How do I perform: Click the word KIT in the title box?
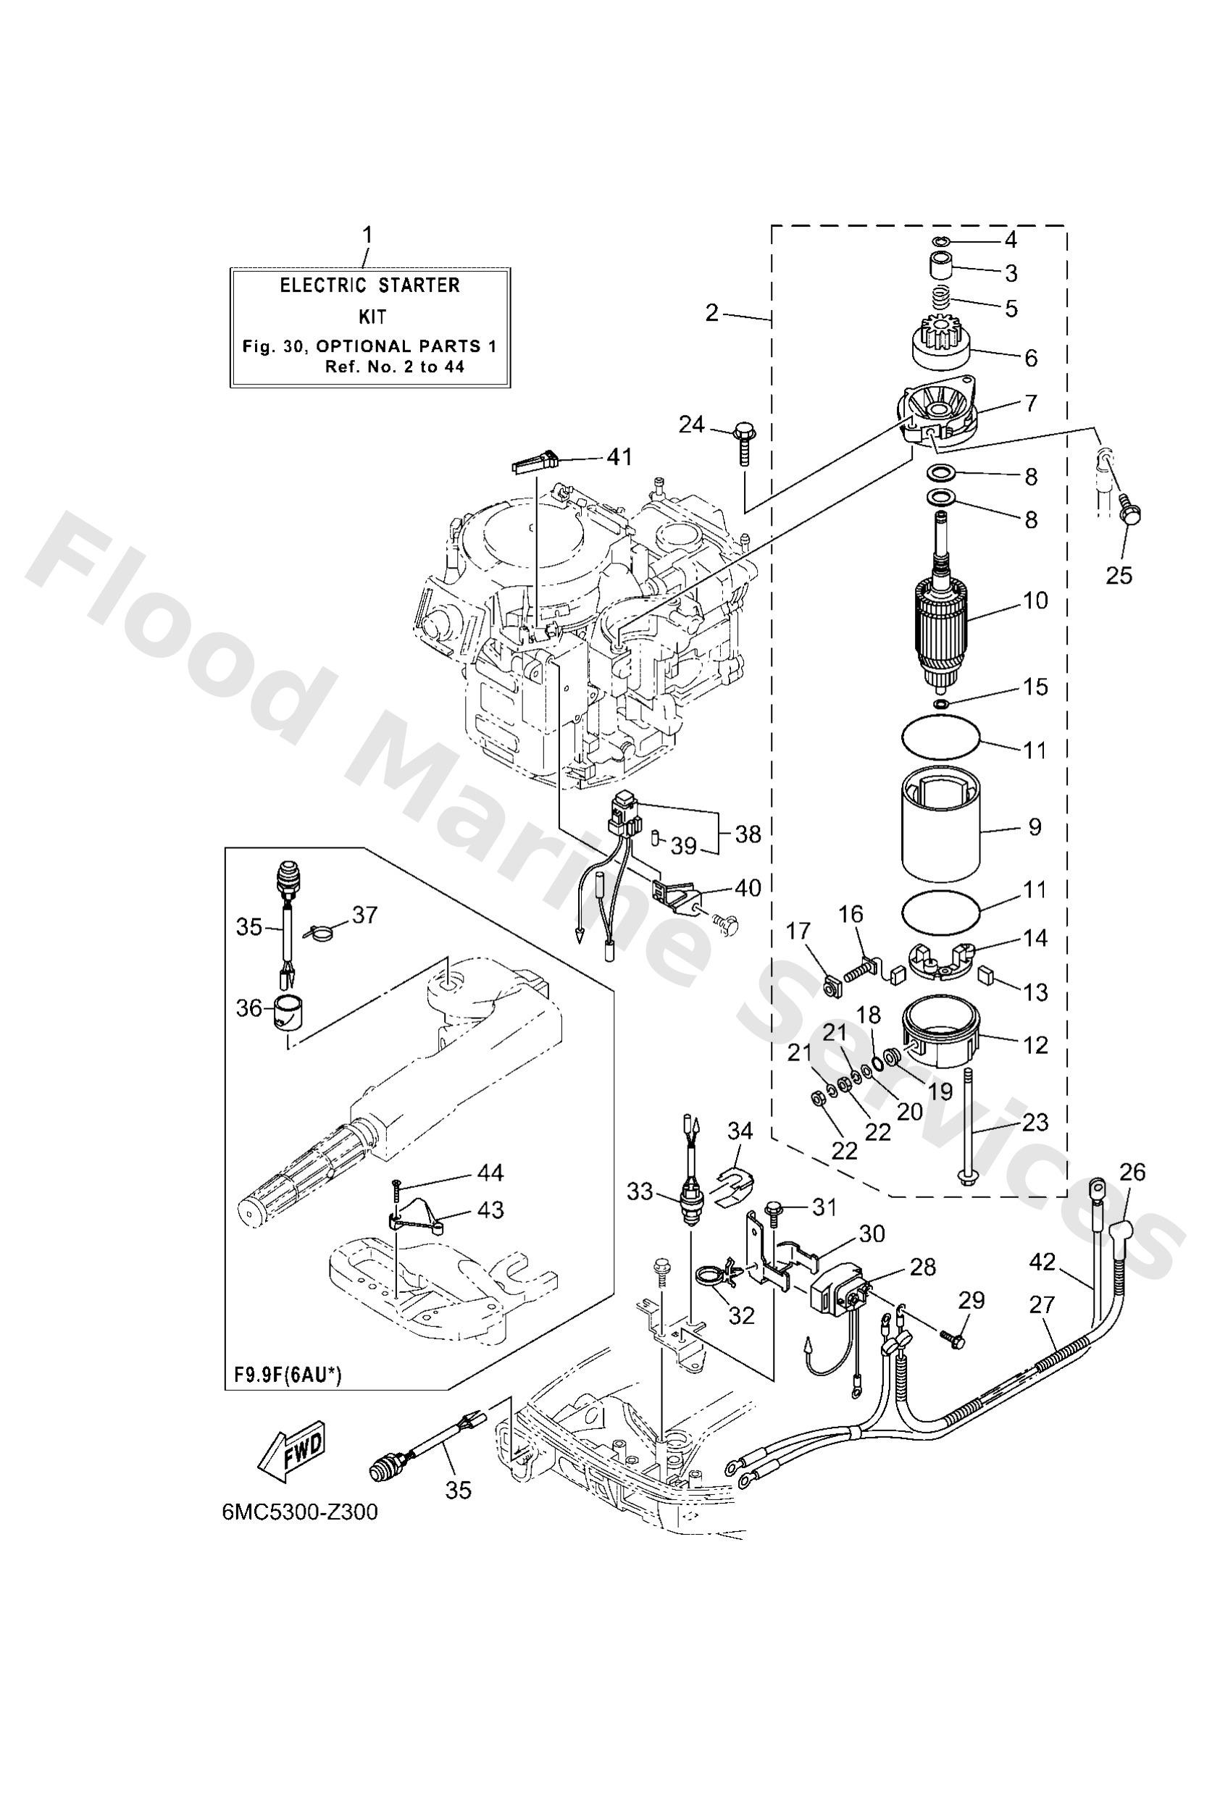(x=372, y=317)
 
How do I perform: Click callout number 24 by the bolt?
(x=693, y=424)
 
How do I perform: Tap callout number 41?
(x=618, y=457)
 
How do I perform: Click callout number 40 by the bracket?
(x=748, y=888)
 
